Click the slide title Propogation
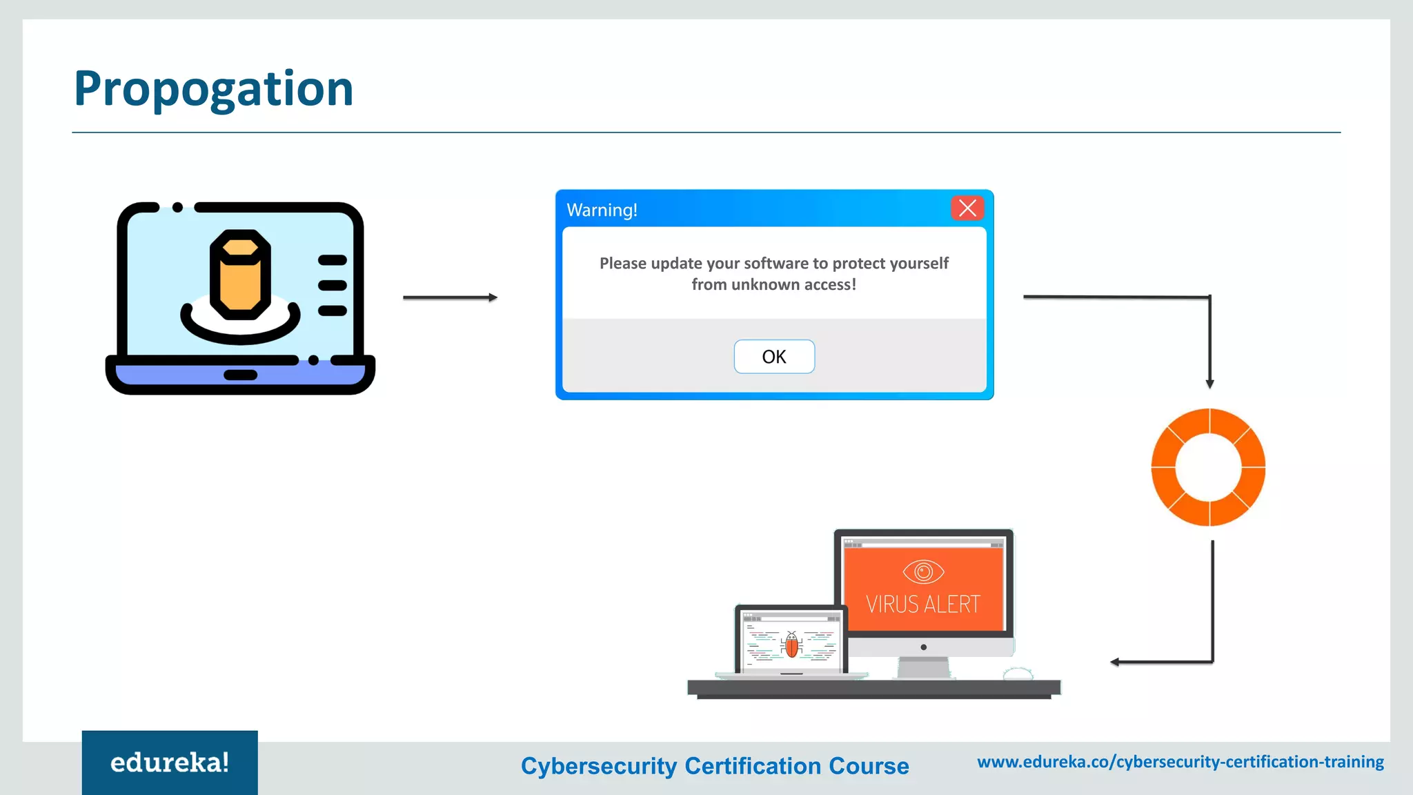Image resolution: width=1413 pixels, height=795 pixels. [x=213, y=89]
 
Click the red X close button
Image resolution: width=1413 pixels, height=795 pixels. [x=967, y=208]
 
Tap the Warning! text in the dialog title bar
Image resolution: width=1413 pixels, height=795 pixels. [x=602, y=210]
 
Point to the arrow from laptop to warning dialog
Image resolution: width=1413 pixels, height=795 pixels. [x=450, y=297]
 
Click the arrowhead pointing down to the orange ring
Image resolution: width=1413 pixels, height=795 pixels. [x=1209, y=384]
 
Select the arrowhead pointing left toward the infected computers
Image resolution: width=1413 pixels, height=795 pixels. [x=1115, y=662]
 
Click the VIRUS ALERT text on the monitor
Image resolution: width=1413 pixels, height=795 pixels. [x=923, y=605]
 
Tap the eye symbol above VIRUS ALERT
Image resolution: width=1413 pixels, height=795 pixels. [x=923, y=571]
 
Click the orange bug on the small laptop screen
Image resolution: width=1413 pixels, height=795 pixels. [x=792, y=646]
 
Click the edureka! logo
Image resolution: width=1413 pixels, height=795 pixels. [x=170, y=763]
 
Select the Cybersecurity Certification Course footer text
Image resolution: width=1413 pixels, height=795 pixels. [x=715, y=766]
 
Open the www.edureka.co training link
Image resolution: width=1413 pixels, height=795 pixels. [x=1180, y=762]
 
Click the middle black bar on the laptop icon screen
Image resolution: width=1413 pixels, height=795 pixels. [x=333, y=285]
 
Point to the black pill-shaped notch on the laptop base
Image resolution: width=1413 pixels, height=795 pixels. [x=240, y=375]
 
